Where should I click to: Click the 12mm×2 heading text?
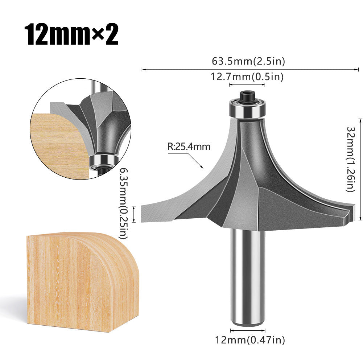(x=71, y=35)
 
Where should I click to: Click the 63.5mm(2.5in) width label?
(x=248, y=61)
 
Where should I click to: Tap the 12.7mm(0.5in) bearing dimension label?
(x=247, y=77)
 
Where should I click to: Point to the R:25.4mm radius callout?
(x=189, y=147)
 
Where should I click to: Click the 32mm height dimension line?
(x=360, y=169)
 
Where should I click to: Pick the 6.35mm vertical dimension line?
(x=135, y=214)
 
